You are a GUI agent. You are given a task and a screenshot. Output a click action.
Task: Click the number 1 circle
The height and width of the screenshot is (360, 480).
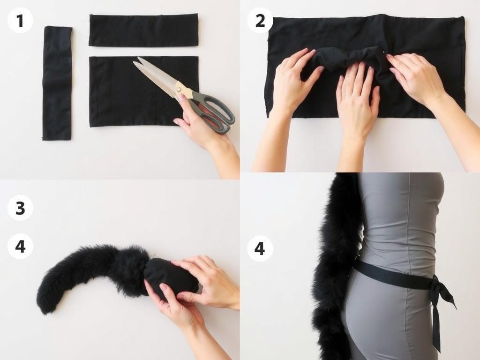click(x=20, y=21)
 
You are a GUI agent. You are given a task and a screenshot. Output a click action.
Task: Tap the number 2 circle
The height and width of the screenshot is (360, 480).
click(x=260, y=21)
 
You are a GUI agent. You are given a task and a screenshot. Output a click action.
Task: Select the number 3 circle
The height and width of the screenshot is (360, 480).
click(x=20, y=208)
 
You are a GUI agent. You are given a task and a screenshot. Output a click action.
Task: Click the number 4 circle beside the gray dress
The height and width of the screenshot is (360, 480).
click(x=260, y=248)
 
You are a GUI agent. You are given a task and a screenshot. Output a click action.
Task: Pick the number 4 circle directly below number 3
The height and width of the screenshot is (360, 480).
click(x=20, y=247)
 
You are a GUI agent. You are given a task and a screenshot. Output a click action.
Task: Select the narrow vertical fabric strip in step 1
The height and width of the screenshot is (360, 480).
click(x=58, y=83)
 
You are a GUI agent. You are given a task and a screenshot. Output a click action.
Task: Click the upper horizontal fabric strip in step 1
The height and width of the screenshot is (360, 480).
click(x=143, y=30)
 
